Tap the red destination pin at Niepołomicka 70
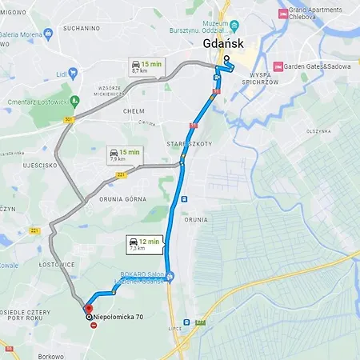pyautogui.click(x=88, y=308)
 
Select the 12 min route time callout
pyautogui.click(x=143, y=243)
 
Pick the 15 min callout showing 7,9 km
pyautogui.click(x=125, y=154)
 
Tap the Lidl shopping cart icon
pyautogui.click(x=73, y=73)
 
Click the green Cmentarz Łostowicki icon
pyautogui.click(x=75, y=102)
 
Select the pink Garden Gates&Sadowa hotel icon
pyautogui.click(x=278, y=66)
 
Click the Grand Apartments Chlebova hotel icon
pyautogui.click(x=282, y=13)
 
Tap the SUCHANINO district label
pyautogui.click(x=84, y=28)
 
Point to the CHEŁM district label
pyautogui.click(x=133, y=112)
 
